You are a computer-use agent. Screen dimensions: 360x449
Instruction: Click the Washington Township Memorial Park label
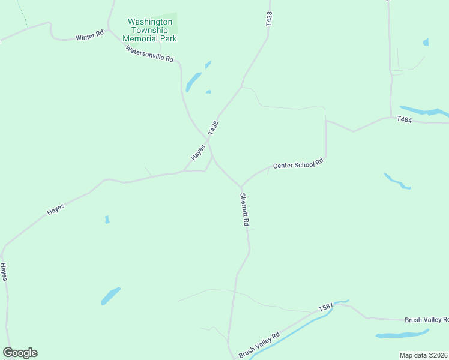click(x=149, y=30)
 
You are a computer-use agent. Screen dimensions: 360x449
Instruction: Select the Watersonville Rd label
click(x=150, y=55)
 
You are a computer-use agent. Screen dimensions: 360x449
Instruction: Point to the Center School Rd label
click(x=298, y=164)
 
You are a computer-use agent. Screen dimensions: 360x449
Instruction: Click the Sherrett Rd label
click(x=245, y=209)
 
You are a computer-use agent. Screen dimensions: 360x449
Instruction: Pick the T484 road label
click(x=405, y=120)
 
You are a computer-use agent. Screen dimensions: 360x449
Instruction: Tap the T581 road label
click(x=326, y=308)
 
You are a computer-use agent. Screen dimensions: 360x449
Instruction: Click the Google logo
click(x=20, y=352)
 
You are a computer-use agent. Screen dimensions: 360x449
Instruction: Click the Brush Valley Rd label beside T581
click(x=259, y=345)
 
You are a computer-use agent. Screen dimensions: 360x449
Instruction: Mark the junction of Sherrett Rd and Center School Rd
click(x=241, y=187)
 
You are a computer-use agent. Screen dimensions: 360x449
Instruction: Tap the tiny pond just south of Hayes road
click(x=107, y=220)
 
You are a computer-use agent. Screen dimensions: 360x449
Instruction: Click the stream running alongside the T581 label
click(x=300, y=327)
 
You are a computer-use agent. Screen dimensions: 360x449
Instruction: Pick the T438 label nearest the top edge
click(x=269, y=19)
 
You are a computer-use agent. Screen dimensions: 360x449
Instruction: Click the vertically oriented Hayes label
click(x=4, y=271)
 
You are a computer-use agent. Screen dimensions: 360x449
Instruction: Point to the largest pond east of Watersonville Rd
click(x=193, y=81)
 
